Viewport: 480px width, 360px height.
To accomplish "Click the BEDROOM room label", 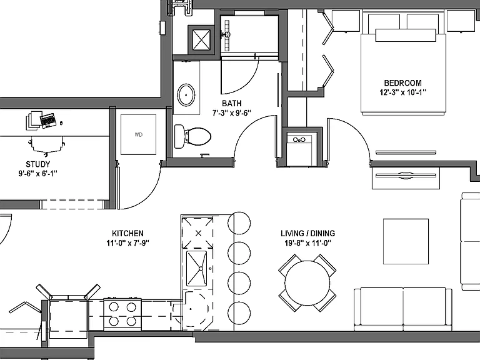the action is [402, 83].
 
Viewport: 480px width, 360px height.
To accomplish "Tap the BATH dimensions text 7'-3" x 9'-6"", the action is [232, 113].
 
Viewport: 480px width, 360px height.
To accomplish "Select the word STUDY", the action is [38, 164].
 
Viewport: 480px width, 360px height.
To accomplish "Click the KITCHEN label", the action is [127, 233].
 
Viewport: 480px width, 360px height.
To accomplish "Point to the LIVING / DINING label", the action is [307, 233].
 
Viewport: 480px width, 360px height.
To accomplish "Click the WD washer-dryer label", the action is [138, 134].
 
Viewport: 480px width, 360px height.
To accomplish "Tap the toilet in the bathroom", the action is [192, 136].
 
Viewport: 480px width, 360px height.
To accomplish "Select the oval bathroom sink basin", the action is [186, 95].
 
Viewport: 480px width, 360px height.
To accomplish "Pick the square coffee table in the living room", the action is [406, 241].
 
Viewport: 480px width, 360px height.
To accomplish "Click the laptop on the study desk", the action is [48, 120].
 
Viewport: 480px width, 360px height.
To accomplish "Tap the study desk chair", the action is [47, 145].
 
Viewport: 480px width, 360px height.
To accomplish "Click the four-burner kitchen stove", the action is [122, 314].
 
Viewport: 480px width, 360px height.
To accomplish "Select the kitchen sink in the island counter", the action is [196, 269].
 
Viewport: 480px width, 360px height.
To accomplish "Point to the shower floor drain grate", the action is [227, 36].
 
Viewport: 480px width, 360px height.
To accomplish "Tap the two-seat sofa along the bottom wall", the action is [403, 309].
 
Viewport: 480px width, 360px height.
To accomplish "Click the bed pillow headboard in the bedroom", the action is [406, 35].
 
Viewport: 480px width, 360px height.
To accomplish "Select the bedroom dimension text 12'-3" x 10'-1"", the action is [403, 92].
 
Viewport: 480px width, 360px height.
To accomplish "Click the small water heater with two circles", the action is [299, 148].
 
